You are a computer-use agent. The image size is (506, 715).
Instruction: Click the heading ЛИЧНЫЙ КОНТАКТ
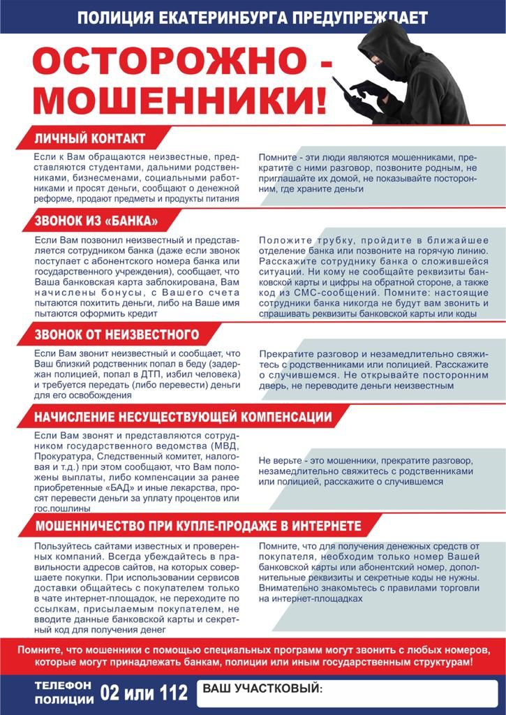[x=90, y=138]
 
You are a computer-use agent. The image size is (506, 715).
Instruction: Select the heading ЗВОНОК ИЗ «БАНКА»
[x=96, y=222]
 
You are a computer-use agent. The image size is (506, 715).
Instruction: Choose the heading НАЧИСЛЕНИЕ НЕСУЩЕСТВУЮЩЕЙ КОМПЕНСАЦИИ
[x=183, y=417]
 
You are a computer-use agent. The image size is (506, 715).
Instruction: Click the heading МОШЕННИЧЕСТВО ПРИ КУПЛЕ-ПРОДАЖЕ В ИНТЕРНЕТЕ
[x=198, y=525]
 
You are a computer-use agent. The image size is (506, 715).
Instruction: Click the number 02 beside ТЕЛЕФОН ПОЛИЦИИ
[x=112, y=693]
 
